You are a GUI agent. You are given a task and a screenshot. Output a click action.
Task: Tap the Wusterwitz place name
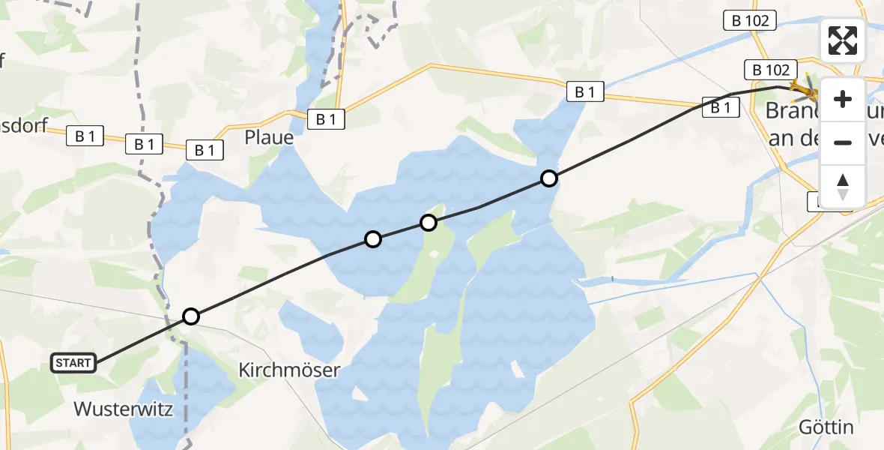pyautogui.click(x=124, y=409)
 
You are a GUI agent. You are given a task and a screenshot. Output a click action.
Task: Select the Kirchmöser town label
pyautogui.click(x=289, y=370)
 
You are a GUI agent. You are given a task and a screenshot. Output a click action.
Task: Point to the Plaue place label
pyautogui.click(x=269, y=138)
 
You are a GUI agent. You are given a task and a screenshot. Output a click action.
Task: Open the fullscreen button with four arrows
pyautogui.click(x=843, y=40)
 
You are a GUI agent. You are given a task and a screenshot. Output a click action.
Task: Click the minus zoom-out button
pyautogui.click(x=843, y=142)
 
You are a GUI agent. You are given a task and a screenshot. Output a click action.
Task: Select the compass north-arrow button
pyautogui.click(x=843, y=186)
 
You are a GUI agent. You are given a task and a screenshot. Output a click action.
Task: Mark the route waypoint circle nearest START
pyautogui.click(x=191, y=316)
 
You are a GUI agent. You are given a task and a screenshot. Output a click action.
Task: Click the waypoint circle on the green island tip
pyautogui.click(x=429, y=223)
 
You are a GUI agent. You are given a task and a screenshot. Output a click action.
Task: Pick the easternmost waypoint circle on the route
pyautogui.click(x=549, y=178)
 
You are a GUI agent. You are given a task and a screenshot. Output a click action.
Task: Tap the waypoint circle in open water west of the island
pyautogui.click(x=372, y=239)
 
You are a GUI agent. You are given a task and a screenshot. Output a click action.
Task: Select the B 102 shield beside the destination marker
pyautogui.click(x=769, y=70)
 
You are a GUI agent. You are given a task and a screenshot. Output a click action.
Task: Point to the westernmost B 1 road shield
pyautogui.click(x=85, y=136)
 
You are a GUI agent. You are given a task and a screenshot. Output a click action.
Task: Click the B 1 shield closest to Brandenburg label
pyautogui.click(x=721, y=108)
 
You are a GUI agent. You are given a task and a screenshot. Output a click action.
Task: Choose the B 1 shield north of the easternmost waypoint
pyautogui.click(x=585, y=92)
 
